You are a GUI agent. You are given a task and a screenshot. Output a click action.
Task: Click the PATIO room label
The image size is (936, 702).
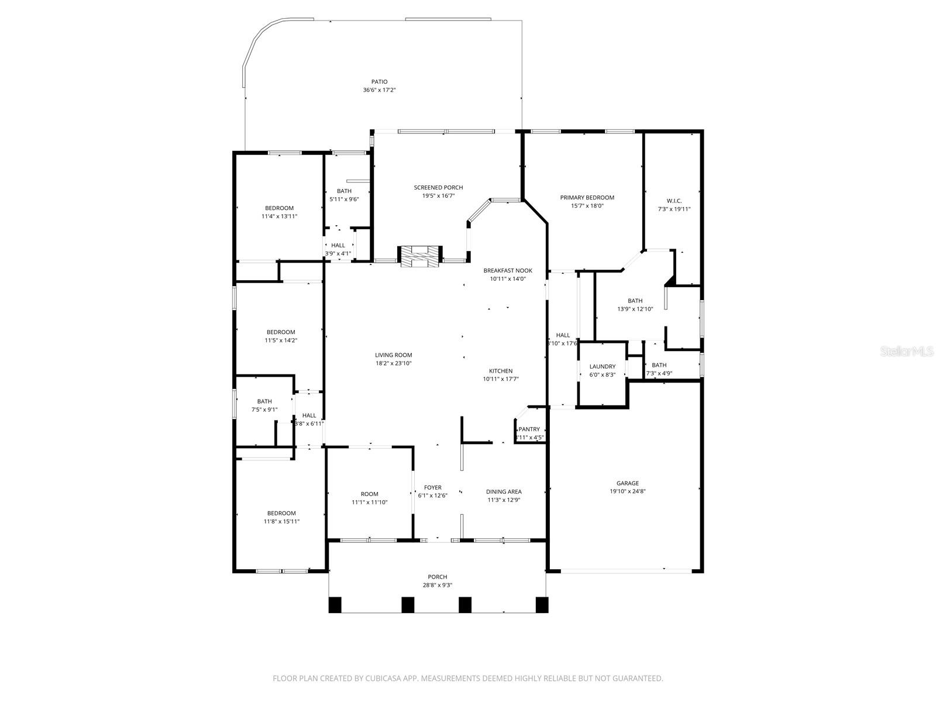(379, 82)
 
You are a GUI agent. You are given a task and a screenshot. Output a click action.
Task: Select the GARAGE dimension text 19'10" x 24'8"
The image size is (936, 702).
(627, 491)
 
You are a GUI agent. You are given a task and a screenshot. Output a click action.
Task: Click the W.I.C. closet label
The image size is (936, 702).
(674, 201)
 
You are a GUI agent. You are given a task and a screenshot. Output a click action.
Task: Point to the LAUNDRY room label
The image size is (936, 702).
(602, 367)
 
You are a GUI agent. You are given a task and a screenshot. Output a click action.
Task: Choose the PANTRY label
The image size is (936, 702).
(529, 429)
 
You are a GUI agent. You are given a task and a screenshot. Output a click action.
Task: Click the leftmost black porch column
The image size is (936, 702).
(335, 604)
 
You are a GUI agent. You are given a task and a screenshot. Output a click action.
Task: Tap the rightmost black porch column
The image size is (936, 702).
(542, 604)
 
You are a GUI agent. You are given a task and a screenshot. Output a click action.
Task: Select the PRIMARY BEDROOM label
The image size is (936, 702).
(587, 198)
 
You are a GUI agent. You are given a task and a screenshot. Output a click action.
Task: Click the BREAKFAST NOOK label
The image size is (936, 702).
(508, 270)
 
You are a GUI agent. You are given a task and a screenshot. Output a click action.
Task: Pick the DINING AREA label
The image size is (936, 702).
(504, 492)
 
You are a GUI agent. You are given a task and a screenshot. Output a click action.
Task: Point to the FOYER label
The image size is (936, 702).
(433, 487)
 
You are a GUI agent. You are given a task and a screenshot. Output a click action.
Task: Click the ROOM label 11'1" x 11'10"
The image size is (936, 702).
(369, 494)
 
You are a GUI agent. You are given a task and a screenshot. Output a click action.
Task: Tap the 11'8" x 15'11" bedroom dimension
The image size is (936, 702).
(281, 521)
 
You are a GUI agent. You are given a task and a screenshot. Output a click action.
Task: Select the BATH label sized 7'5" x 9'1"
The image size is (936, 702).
(264, 401)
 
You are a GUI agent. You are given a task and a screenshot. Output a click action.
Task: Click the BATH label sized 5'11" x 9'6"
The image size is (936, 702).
(344, 191)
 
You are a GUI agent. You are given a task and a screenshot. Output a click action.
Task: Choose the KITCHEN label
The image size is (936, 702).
(501, 371)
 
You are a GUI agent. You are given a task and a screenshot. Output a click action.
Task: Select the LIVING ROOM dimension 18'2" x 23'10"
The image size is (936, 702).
(393, 363)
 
